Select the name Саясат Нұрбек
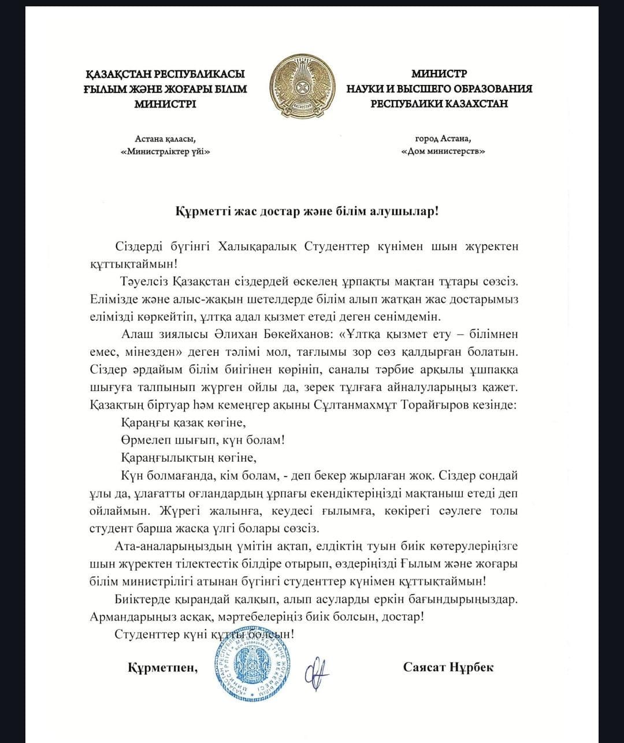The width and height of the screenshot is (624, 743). (448, 667)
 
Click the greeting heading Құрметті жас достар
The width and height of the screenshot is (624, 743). (307, 210)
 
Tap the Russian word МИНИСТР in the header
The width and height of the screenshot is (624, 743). (439, 74)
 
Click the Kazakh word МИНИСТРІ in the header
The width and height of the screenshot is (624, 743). (165, 104)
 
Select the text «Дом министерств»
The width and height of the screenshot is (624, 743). (443, 151)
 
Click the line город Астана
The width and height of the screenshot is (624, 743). (443, 139)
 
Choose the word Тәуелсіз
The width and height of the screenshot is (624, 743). (142, 282)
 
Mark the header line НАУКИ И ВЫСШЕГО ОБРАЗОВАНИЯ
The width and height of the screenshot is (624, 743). (439, 89)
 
